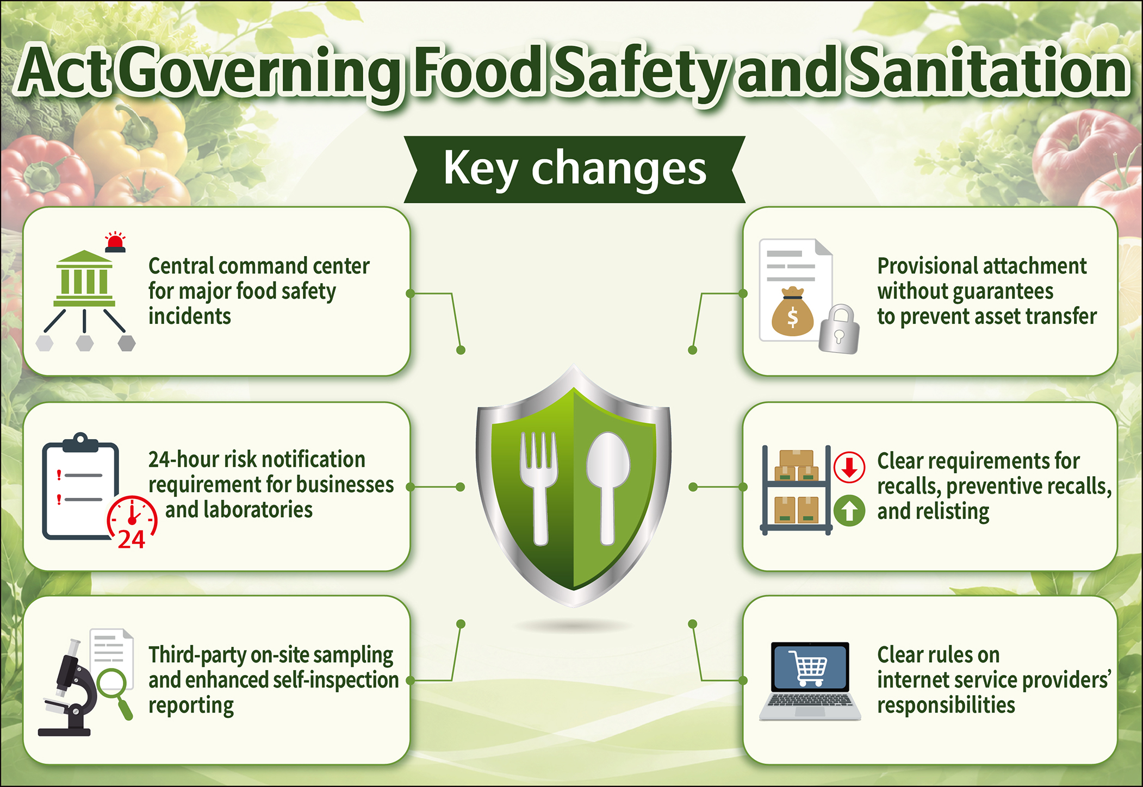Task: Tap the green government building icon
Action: click(84, 278)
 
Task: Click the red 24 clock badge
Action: click(132, 522)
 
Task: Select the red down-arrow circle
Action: click(849, 467)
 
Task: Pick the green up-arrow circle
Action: click(849, 510)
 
